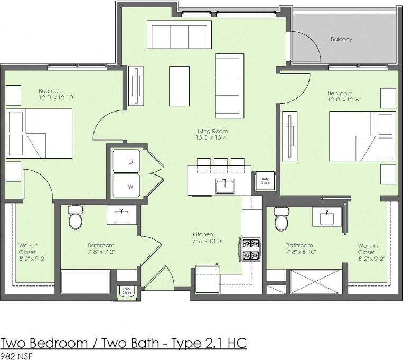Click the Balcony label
[x=341, y=39]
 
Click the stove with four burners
[x=251, y=250]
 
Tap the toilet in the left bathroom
[x=76, y=217]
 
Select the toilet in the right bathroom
[x=281, y=218]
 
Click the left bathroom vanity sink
[x=122, y=215]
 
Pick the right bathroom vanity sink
[x=325, y=216]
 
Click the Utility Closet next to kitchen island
[x=265, y=181]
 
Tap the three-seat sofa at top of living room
[x=179, y=34]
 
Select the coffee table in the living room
[x=179, y=86]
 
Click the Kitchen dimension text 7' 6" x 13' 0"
[x=207, y=241]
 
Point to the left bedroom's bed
[x=40, y=133]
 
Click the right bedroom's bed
[x=362, y=136]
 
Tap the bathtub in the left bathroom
[x=85, y=282]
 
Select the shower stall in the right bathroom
[x=315, y=282]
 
